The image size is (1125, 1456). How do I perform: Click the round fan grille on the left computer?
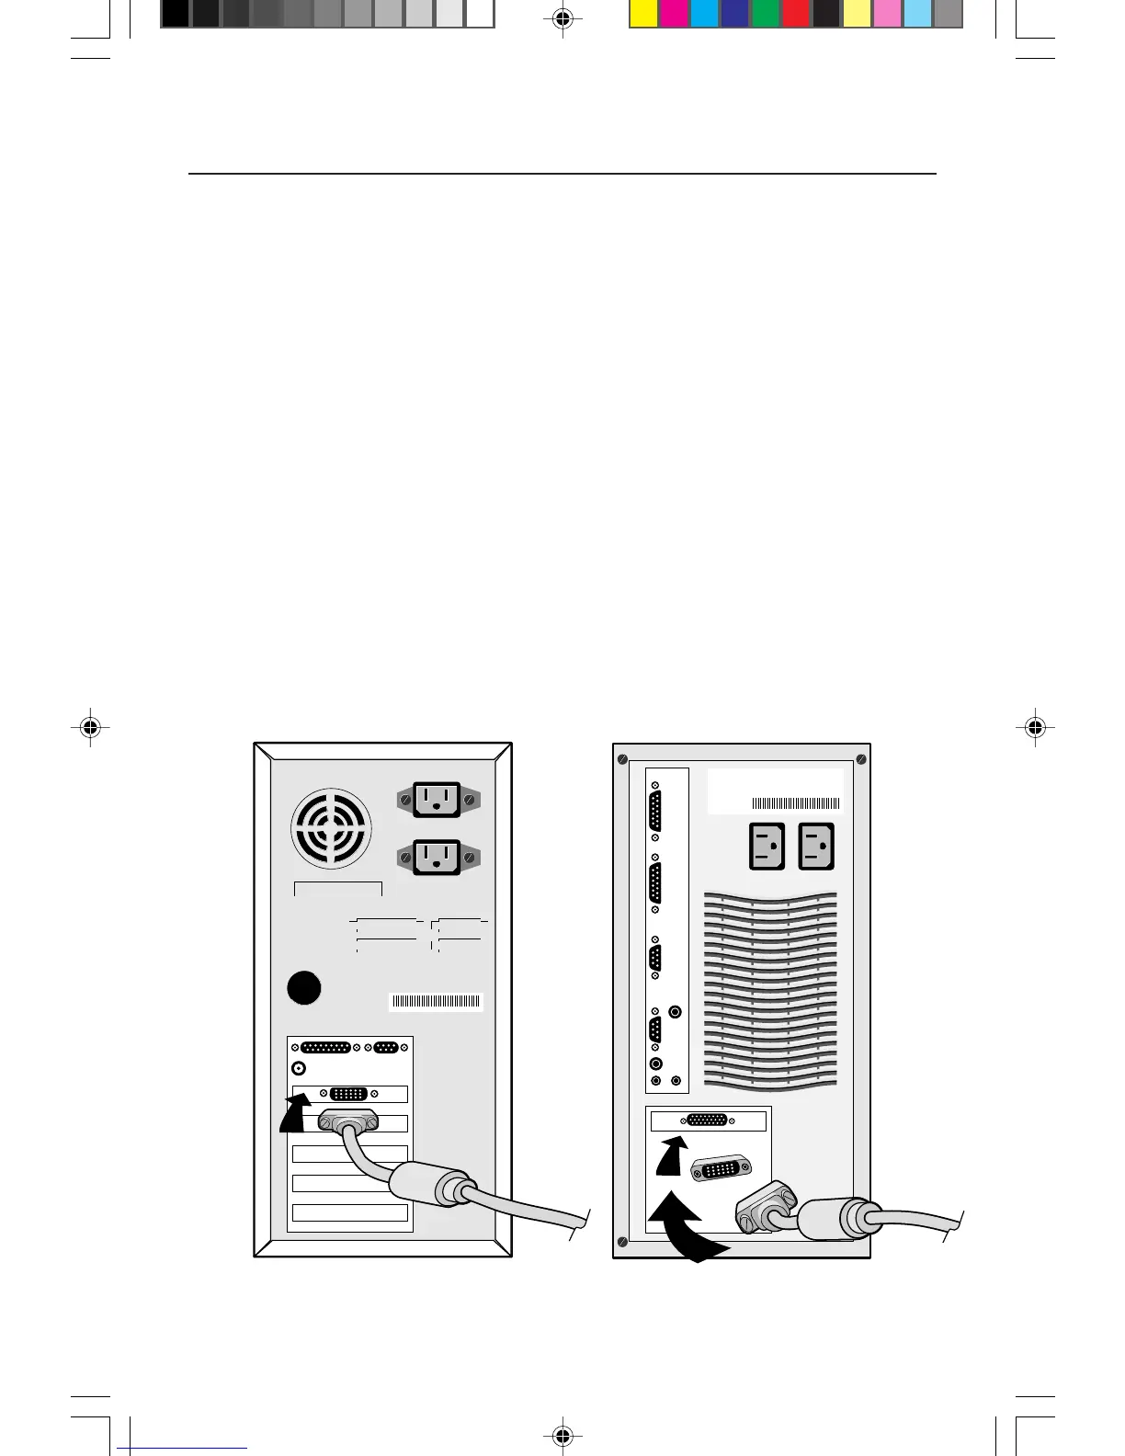coord(332,827)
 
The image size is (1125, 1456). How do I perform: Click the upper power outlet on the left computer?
coord(437,799)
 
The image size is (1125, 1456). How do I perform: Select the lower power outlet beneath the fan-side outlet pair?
coord(437,858)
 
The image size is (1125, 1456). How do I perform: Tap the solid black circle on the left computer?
coord(304,987)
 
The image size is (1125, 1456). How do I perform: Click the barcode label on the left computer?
coord(436,1001)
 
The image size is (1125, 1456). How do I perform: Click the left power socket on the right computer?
coord(767,846)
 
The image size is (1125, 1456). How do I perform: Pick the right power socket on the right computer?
coord(816,846)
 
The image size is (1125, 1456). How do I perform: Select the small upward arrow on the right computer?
coord(671,1155)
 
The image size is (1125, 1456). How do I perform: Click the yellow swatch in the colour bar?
coord(643,14)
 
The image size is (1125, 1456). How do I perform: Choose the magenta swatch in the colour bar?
coord(674,14)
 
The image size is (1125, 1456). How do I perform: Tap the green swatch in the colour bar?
coord(766,14)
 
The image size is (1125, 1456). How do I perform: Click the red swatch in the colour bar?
coord(796,14)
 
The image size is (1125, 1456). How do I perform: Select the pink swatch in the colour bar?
coord(887,14)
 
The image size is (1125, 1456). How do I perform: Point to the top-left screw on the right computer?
coord(622,759)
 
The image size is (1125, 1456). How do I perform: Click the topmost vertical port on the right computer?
coord(654,812)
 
